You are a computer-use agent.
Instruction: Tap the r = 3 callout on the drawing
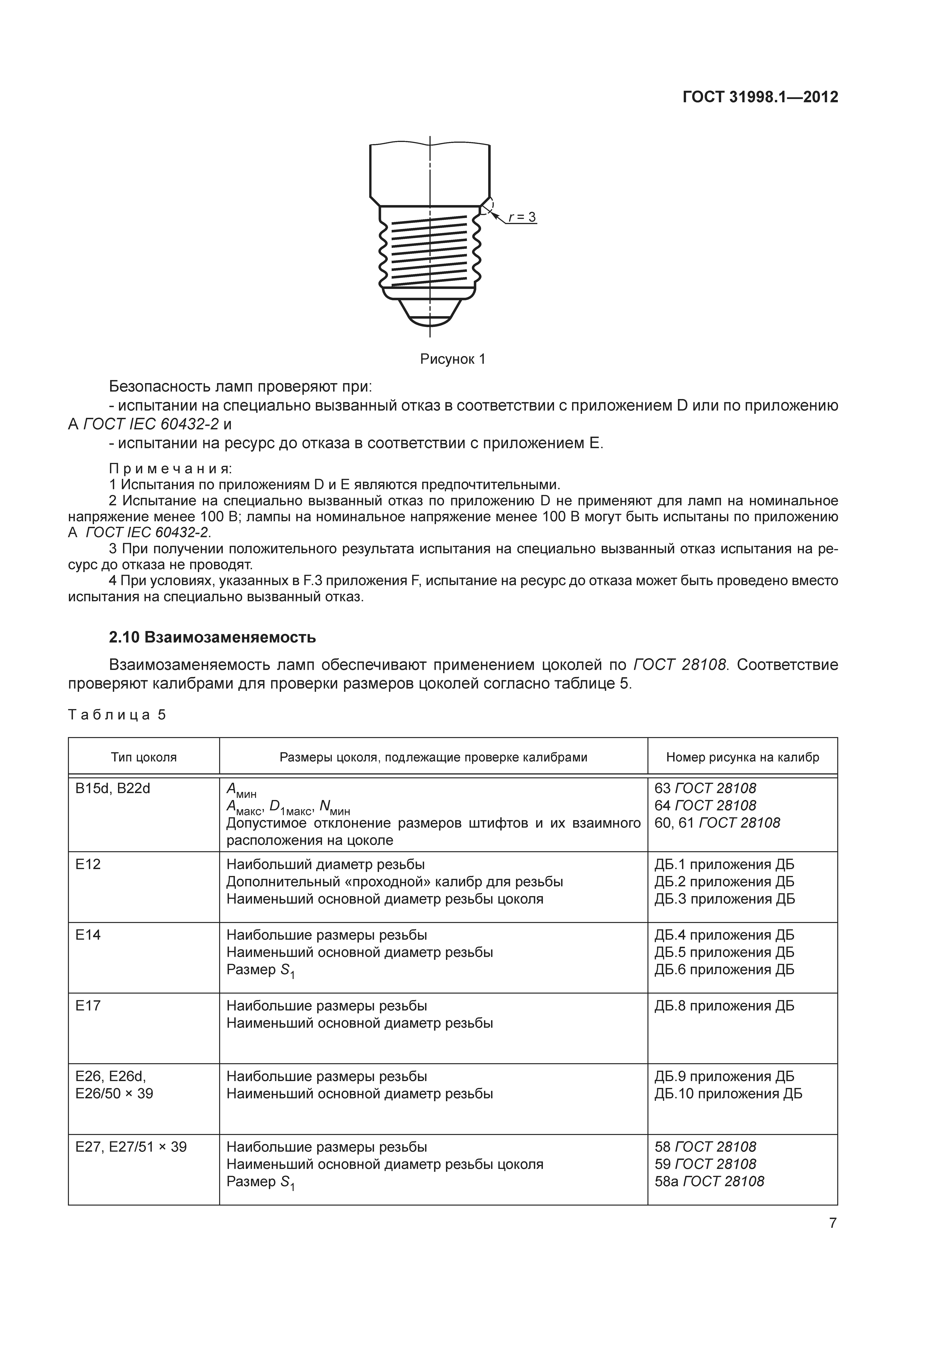(x=521, y=218)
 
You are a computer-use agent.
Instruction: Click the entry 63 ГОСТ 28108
(x=705, y=788)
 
